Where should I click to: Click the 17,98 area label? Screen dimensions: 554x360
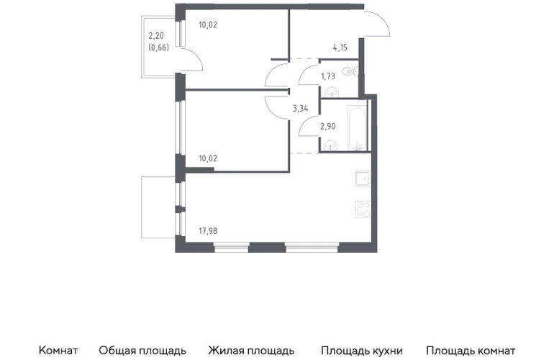click(208, 231)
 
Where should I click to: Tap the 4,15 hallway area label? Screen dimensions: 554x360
click(340, 48)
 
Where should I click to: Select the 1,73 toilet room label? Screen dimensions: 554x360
click(327, 76)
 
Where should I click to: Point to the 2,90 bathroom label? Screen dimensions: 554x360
click(328, 126)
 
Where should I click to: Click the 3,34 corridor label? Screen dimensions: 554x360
click(300, 109)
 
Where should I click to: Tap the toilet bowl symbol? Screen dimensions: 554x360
click(351, 71)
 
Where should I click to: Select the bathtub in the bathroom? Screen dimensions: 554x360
click(358, 127)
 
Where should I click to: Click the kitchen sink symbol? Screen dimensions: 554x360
click(363, 179)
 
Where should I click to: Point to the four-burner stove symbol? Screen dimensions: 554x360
click(363, 209)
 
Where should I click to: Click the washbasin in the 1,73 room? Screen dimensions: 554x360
click(332, 92)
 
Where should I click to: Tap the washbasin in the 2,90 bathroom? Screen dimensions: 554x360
click(330, 145)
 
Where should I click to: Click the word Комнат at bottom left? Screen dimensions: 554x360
click(58, 351)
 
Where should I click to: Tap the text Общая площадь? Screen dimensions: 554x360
click(142, 351)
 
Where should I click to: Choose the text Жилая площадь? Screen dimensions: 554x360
click(251, 351)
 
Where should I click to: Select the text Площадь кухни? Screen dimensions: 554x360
click(362, 351)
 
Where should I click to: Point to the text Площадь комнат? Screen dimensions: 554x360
click(471, 351)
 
